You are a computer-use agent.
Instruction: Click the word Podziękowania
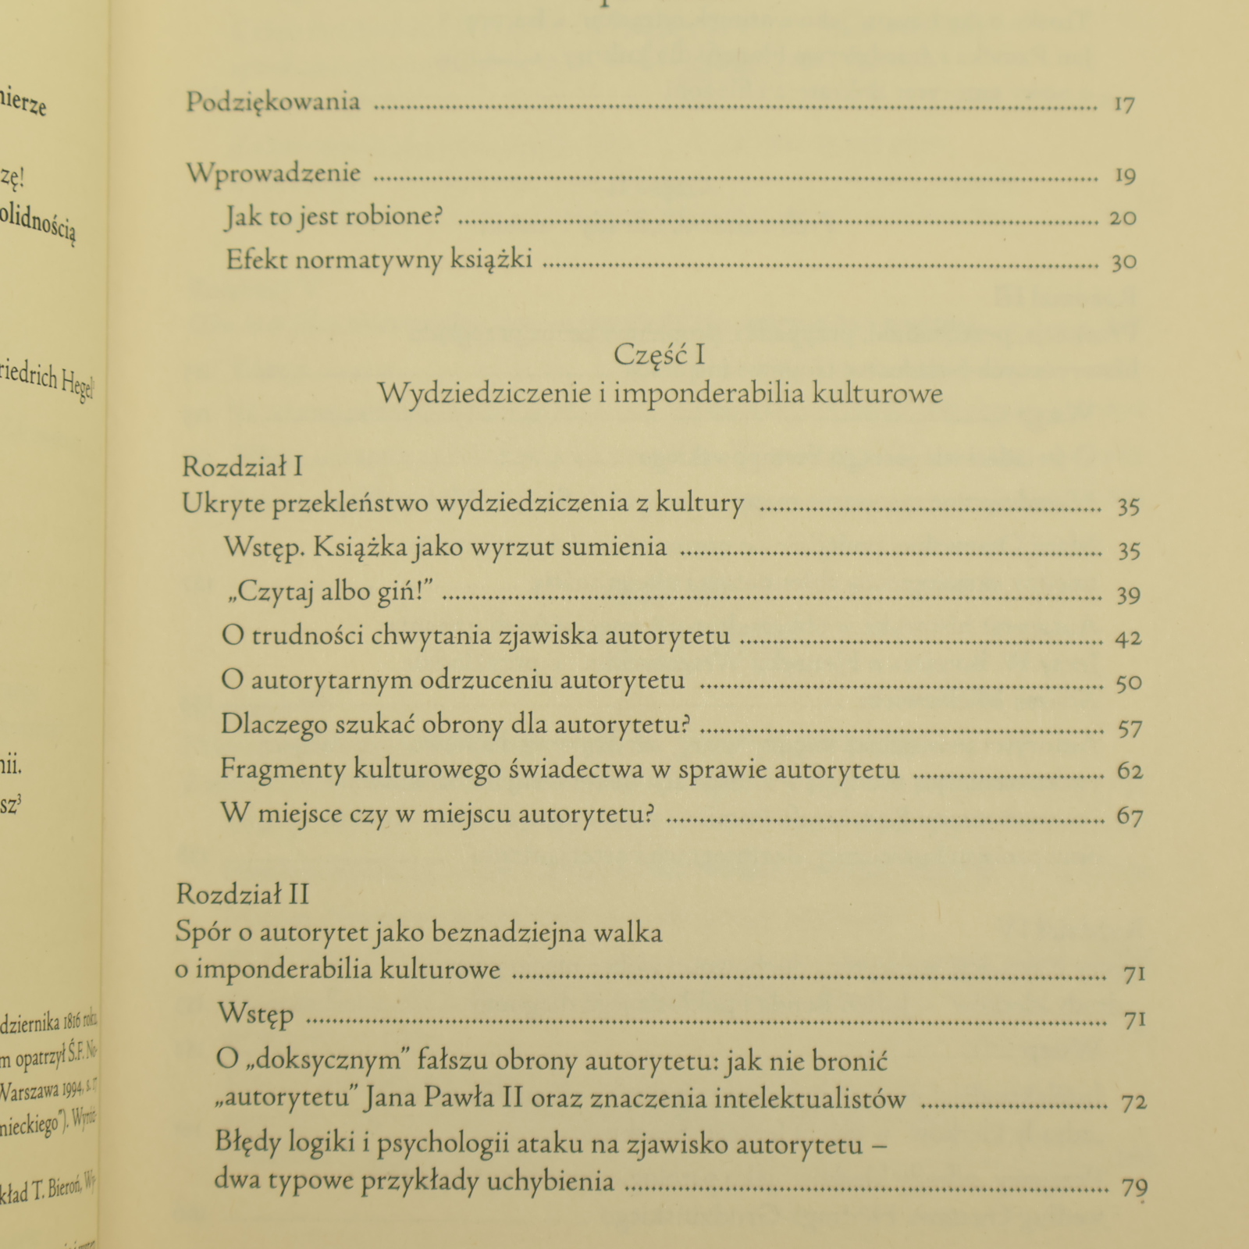(x=273, y=102)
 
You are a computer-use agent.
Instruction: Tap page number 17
(x=1123, y=104)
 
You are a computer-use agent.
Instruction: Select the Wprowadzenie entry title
(x=274, y=173)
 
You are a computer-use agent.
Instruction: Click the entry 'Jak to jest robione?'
(x=333, y=216)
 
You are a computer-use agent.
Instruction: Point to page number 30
(x=1123, y=262)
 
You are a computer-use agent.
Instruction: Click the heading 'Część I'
(x=660, y=355)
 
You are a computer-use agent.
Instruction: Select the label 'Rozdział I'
(x=242, y=467)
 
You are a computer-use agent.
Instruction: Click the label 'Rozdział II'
(x=243, y=894)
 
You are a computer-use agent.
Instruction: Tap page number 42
(x=1128, y=639)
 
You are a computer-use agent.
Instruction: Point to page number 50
(x=1129, y=683)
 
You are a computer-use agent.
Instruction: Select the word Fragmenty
(x=282, y=770)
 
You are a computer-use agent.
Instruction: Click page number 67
(x=1130, y=817)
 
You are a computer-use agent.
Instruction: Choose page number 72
(x=1133, y=1103)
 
